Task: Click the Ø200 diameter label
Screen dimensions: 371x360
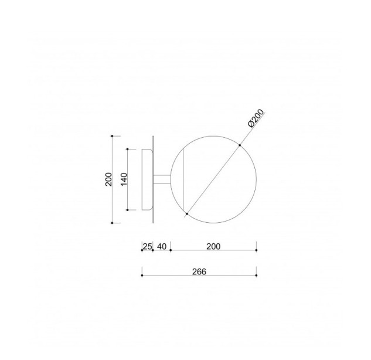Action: tap(256, 118)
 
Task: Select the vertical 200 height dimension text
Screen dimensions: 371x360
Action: tap(108, 179)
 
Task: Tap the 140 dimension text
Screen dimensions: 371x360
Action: tap(124, 179)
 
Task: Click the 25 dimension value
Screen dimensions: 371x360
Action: tap(147, 246)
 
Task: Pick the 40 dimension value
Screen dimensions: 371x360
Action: tap(162, 246)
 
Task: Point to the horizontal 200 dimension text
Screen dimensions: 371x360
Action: tap(213, 246)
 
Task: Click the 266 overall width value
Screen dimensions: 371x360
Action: tap(199, 271)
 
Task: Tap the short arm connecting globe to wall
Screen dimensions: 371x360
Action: tap(162, 179)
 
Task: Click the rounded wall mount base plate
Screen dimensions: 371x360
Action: tap(147, 179)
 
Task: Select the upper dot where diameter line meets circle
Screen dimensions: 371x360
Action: tap(240, 145)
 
